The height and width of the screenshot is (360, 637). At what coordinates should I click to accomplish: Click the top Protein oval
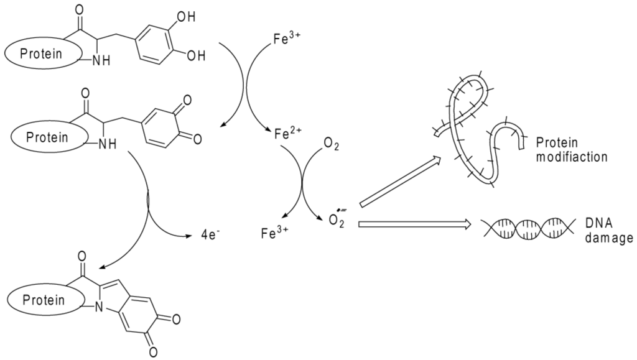coord(41,53)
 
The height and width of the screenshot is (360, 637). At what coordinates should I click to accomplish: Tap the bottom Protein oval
coord(44,300)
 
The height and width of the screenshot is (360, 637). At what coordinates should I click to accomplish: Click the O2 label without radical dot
coord(332,145)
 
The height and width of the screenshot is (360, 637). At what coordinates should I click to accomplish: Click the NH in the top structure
coord(100,61)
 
